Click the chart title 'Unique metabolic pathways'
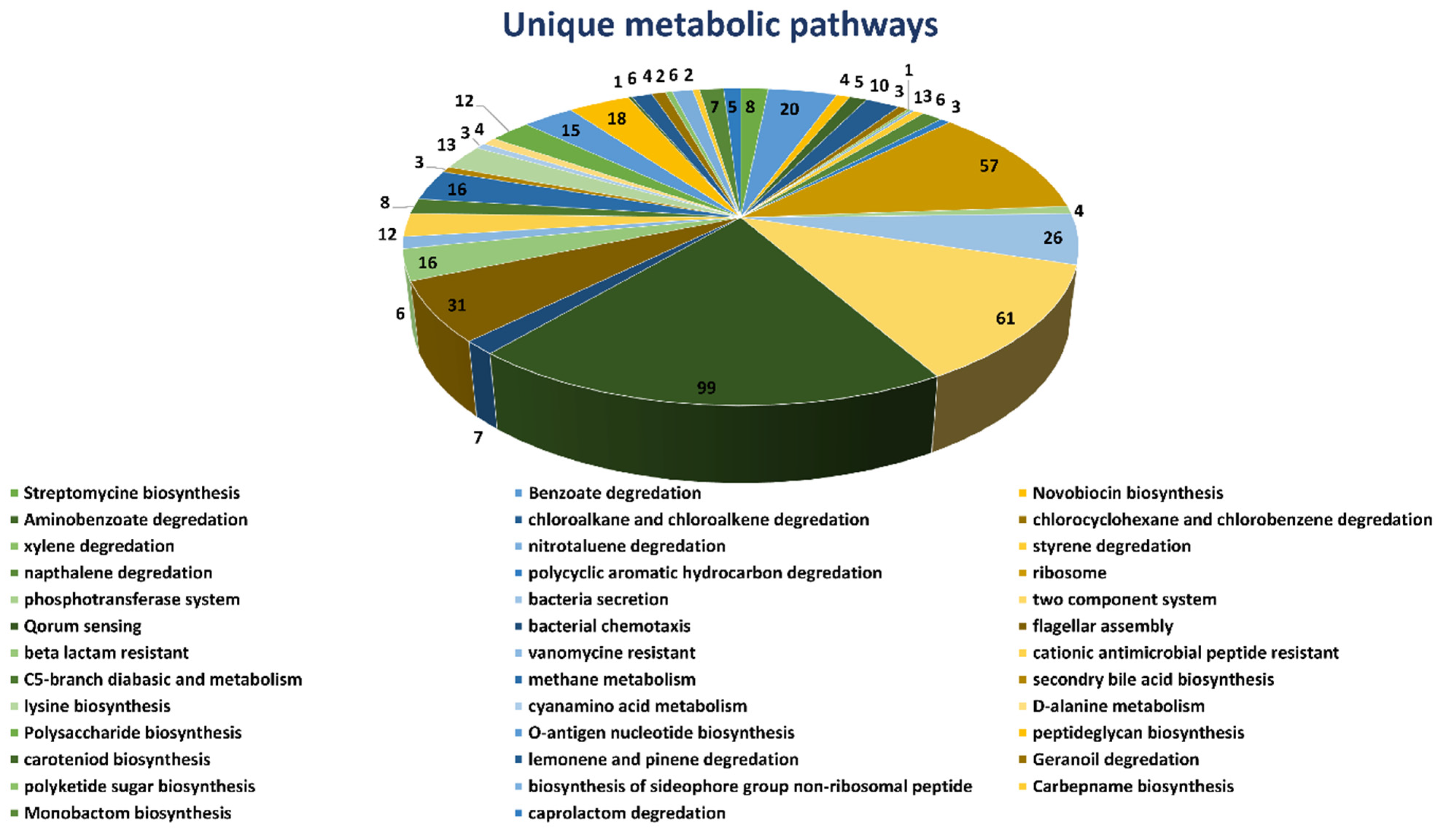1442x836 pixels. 720,25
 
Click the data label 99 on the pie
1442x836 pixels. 706,388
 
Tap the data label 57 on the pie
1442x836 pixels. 989,166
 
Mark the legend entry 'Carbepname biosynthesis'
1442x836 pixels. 1132,786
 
